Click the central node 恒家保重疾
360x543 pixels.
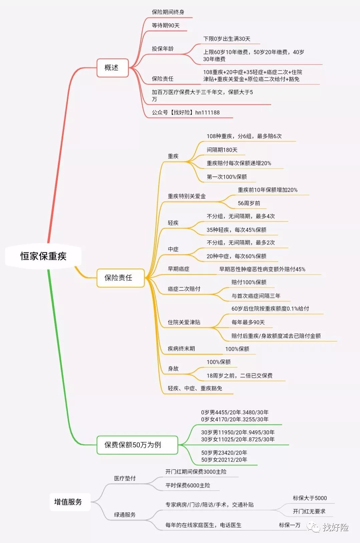[43, 256]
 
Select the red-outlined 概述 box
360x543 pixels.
[112, 68]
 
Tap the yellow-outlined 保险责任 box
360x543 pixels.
[120, 278]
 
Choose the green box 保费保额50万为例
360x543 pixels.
[137, 445]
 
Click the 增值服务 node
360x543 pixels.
[70, 502]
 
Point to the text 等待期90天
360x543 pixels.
[166, 25]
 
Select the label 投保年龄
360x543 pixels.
[163, 48]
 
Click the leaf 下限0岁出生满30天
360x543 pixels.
[227, 39]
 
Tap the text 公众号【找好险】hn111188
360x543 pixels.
[186, 112]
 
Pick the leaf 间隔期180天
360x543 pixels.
[222, 150]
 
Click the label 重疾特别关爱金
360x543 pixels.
[187, 196]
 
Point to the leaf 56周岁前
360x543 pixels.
[249, 203]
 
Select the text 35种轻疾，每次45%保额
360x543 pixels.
[236, 230]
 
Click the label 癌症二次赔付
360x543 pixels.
[184, 289]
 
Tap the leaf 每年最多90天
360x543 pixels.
[248, 322]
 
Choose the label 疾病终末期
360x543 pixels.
[181, 349]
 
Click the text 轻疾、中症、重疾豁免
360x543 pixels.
[195, 388]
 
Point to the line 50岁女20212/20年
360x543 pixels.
[224, 460]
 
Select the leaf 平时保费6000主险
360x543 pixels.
[188, 485]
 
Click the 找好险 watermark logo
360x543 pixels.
[328, 527]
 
